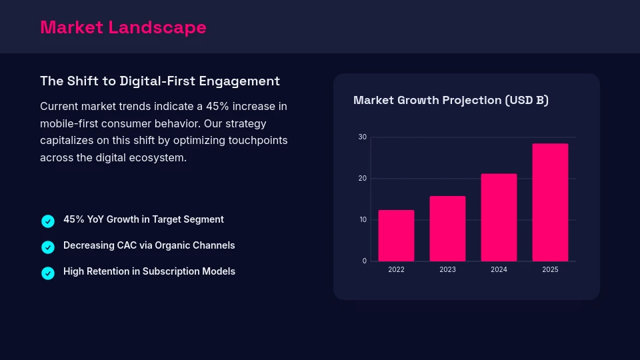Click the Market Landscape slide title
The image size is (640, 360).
tap(123, 27)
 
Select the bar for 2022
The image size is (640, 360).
tap(396, 236)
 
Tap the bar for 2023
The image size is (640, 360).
tap(447, 229)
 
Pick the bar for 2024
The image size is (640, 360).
tap(499, 217)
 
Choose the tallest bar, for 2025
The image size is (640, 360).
tap(550, 203)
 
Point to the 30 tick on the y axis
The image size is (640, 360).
tap(363, 137)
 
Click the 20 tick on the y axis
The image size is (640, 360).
tap(363, 179)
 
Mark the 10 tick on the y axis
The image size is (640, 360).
tap(363, 220)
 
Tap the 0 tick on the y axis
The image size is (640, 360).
tap(365, 261)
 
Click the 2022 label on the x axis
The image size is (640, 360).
tap(396, 270)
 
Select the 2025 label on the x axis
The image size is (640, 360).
tap(550, 270)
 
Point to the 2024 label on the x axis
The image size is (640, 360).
tap(499, 270)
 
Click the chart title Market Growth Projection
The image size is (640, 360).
tap(451, 101)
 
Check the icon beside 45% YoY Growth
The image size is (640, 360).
tap(48, 221)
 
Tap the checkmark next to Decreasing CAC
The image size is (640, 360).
tap(48, 247)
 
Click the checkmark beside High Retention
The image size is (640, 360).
tap(48, 273)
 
